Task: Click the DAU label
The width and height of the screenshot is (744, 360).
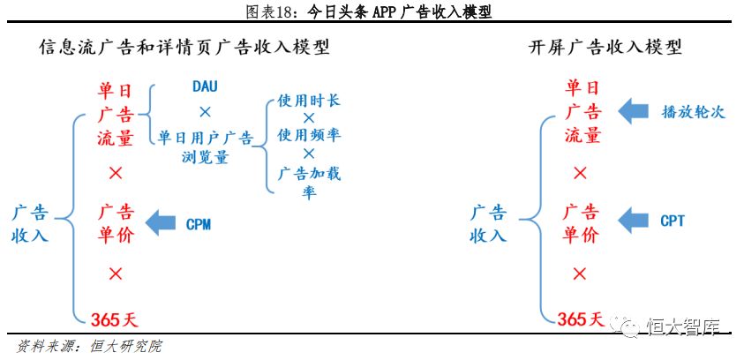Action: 205,86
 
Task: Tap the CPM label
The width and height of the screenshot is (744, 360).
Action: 199,224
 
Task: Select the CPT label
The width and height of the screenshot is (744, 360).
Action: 673,220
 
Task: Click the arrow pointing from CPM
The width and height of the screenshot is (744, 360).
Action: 161,223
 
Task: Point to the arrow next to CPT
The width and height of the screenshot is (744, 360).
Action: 633,220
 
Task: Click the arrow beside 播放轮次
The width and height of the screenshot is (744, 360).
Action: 633,111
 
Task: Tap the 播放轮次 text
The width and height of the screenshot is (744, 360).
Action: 693,111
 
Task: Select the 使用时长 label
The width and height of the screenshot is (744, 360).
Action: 309,101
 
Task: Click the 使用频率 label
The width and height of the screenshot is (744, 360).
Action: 309,136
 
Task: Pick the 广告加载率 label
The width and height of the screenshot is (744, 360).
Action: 309,183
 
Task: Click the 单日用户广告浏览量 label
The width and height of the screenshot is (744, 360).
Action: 205,147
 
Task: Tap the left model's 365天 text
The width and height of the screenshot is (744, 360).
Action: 115,319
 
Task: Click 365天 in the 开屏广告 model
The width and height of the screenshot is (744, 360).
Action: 581,319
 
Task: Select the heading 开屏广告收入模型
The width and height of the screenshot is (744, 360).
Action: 605,48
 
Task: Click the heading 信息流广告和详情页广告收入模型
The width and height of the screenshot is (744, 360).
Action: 184,48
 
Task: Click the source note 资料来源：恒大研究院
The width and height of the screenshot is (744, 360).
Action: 89,346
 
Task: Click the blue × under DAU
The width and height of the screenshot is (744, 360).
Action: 205,112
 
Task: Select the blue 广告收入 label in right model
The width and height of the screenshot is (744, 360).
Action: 488,224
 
